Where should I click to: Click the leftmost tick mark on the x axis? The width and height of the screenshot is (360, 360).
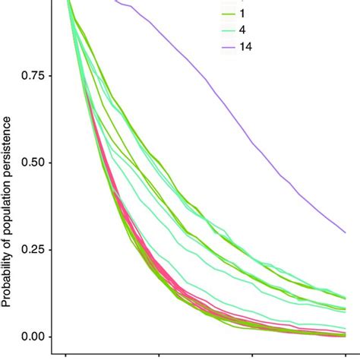(x=68, y=355)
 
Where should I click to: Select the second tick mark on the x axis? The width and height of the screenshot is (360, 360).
(x=160, y=355)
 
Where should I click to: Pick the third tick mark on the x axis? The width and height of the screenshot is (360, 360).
(x=253, y=355)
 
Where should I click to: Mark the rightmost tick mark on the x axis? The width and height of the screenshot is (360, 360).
(x=346, y=355)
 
